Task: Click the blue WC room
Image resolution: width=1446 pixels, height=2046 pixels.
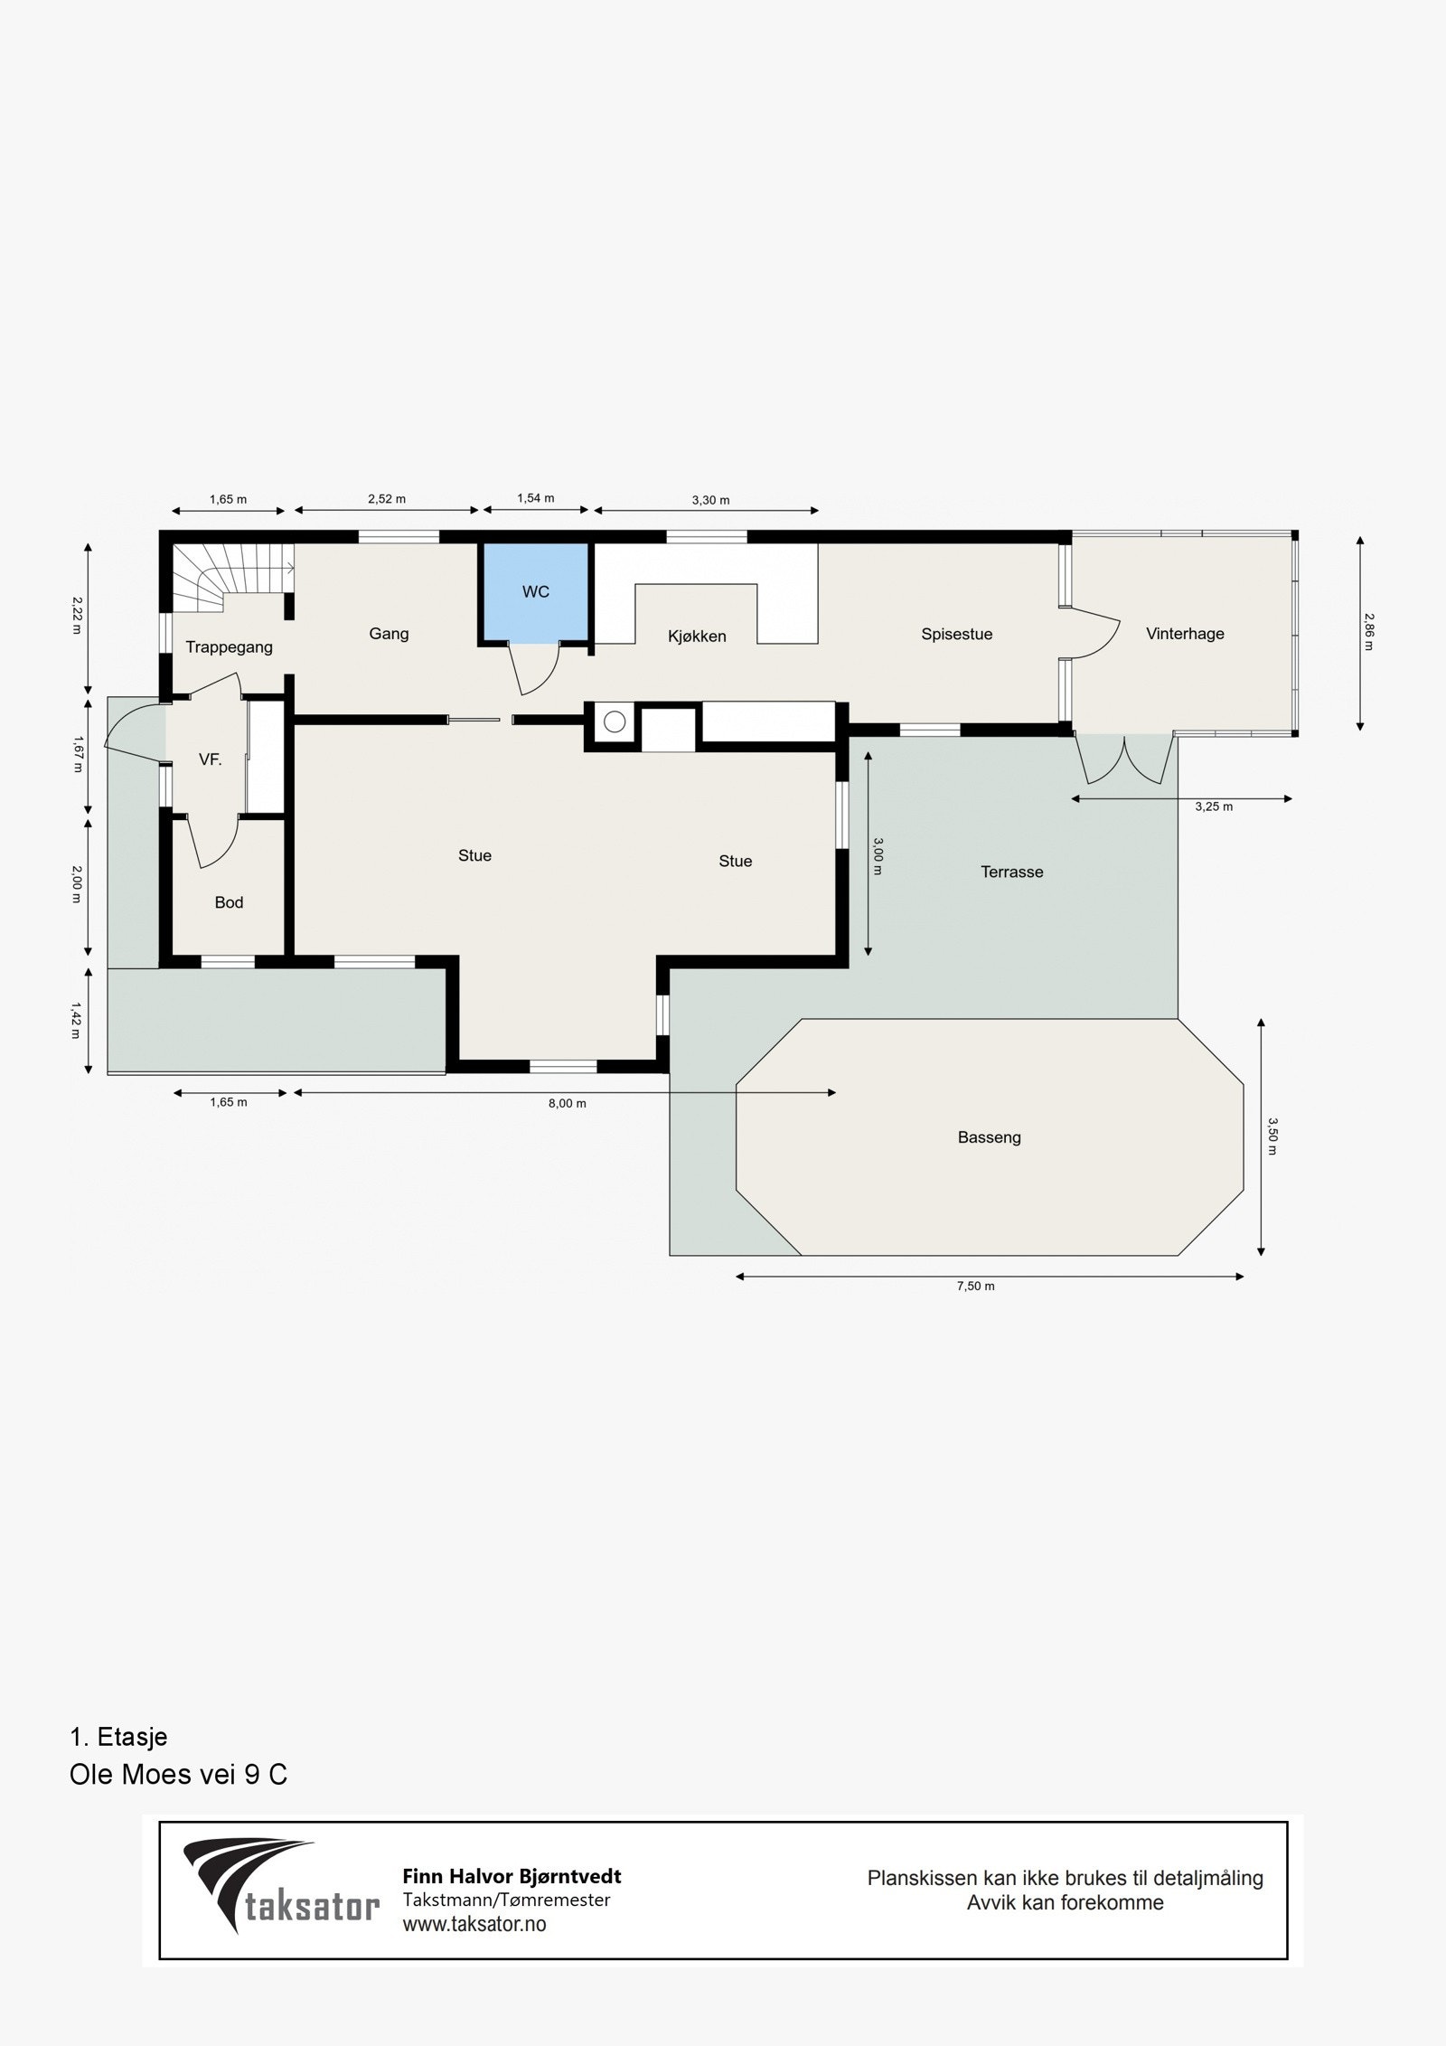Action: tap(535, 592)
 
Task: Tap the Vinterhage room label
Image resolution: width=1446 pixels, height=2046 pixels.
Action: tap(1184, 634)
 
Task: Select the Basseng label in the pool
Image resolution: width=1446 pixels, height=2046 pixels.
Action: tap(989, 1137)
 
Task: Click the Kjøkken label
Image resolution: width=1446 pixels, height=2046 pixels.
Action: tap(697, 636)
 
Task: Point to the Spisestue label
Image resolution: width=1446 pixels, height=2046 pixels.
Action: tap(956, 635)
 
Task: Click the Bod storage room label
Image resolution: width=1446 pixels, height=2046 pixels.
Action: tap(229, 902)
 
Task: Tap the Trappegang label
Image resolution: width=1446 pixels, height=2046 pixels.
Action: tap(229, 647)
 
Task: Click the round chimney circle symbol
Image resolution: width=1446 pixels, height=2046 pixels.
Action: tap(615, 721)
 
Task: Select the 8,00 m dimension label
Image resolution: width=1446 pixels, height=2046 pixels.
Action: tap(568, 1103)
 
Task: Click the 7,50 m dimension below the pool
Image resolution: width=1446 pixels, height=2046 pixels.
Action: tap(975, 1286)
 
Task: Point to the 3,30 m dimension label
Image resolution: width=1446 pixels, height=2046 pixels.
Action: tap(710, 500)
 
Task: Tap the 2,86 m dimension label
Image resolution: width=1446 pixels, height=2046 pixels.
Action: tap(1369, 633)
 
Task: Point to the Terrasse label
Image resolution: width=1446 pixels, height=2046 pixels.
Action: tap(1011, 872)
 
